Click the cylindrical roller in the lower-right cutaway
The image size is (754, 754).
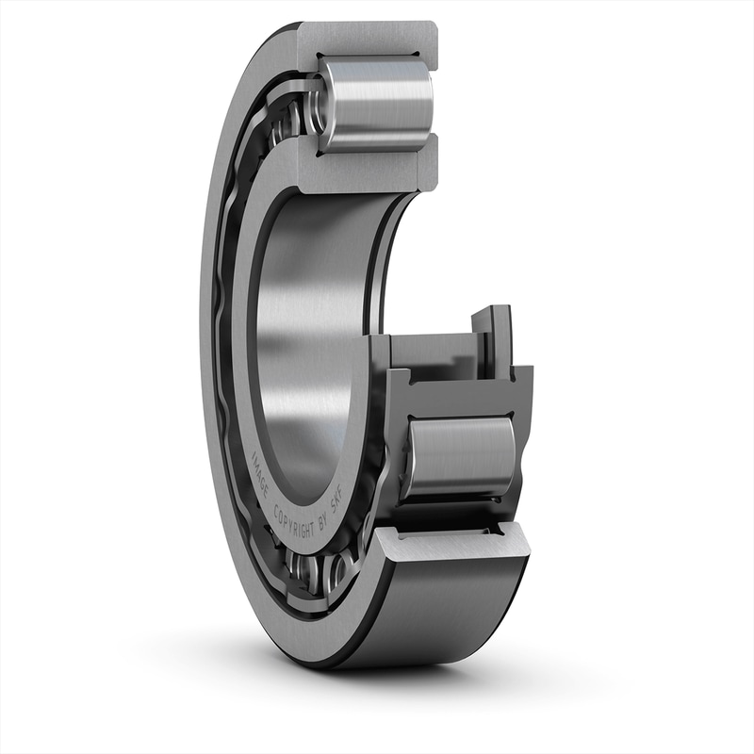[x=460, y=457]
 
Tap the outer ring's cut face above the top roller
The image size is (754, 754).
[x=368, y=38]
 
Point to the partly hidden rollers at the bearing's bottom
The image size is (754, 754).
[x=316, y=571]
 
